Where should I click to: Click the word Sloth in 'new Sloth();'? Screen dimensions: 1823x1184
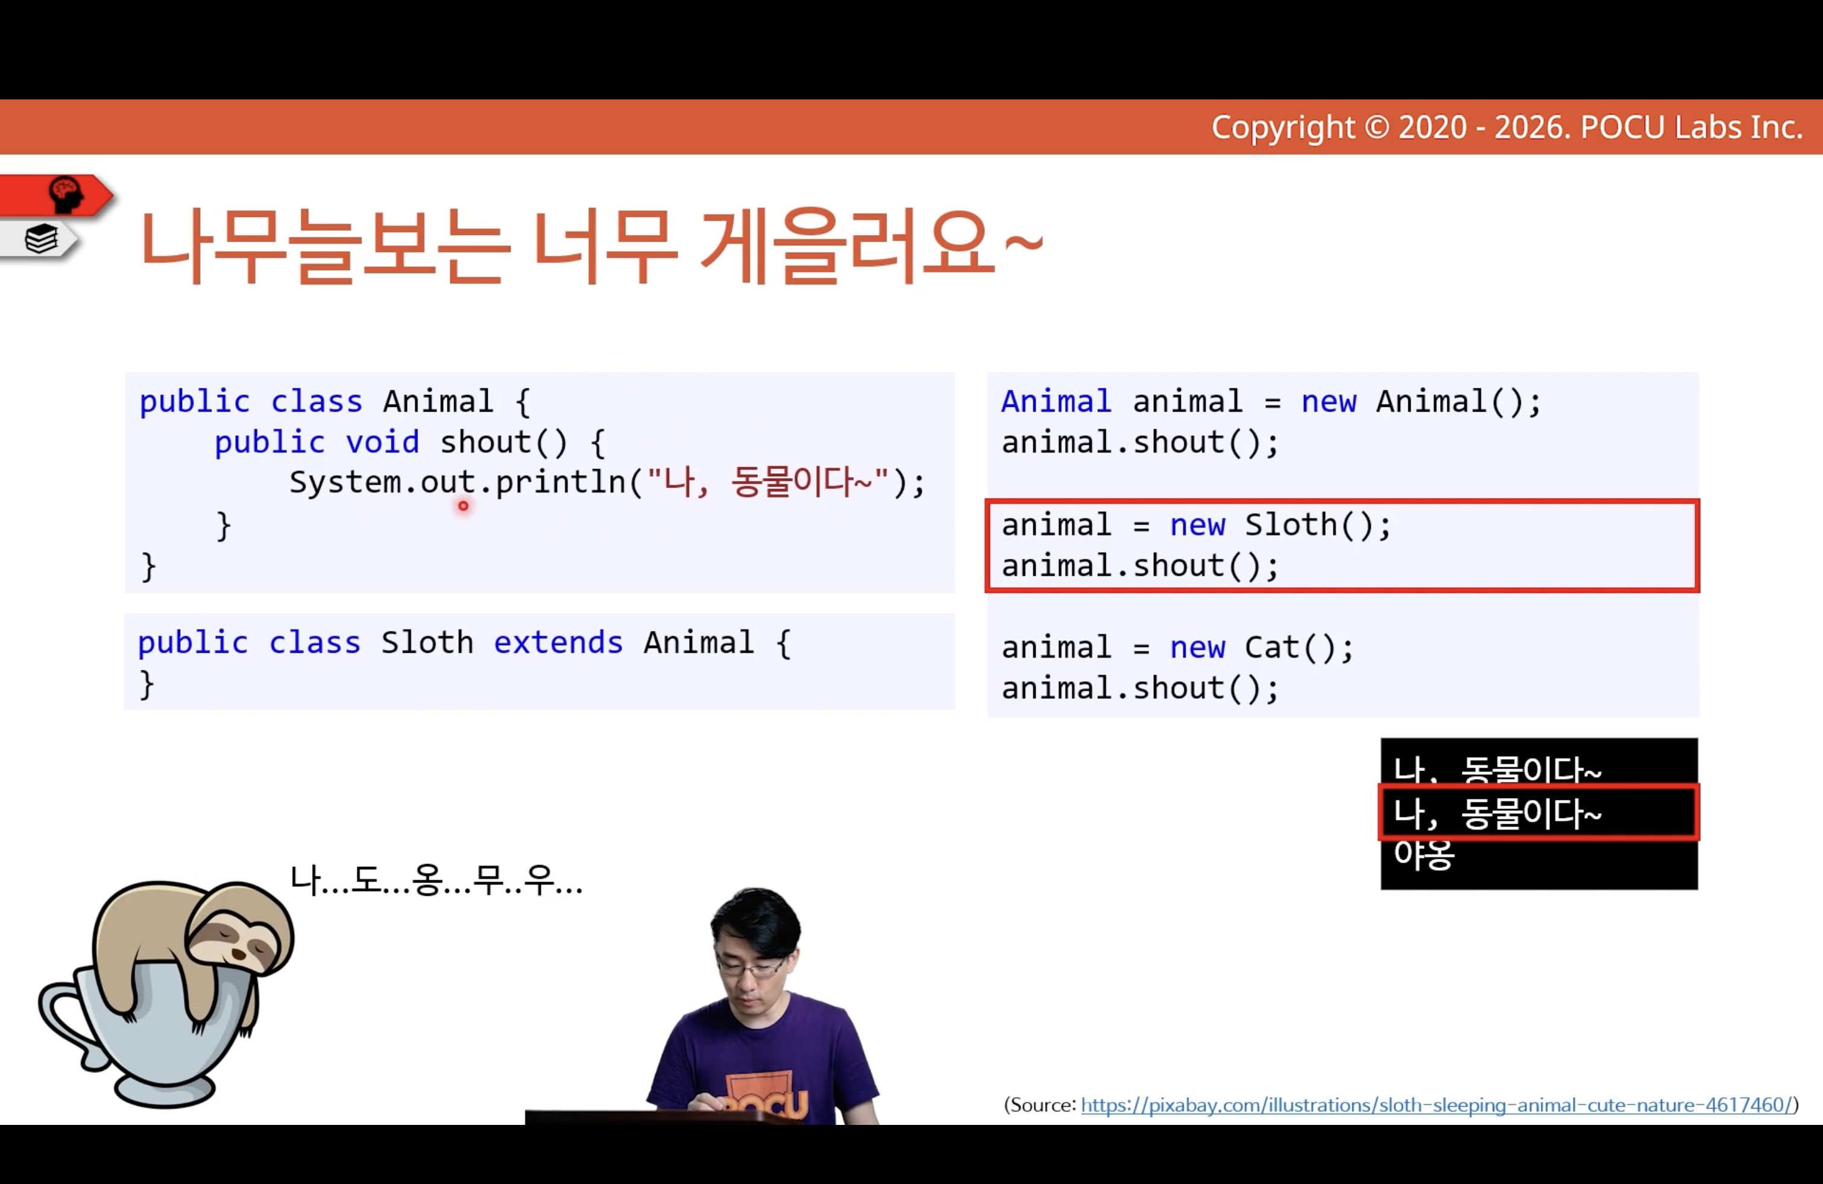coord(1291,525)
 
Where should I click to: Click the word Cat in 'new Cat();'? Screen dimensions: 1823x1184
coord(1272,648)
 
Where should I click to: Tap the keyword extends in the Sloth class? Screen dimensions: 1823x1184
coord(558,643)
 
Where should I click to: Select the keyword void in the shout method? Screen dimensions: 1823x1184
coord(382,442)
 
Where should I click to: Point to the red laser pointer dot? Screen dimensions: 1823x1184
coord(464,505)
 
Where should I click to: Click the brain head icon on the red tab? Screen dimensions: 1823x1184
coord(66,195)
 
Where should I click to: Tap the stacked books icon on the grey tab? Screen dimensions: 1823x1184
coord(42,239)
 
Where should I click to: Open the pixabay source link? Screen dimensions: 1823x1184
coord(1436,1105)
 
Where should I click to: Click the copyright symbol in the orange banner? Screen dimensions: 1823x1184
coord(1376,127)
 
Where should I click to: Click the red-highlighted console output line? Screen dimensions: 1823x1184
coord(1538,813)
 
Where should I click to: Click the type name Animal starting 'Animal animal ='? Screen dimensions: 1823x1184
coord(1056,402)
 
